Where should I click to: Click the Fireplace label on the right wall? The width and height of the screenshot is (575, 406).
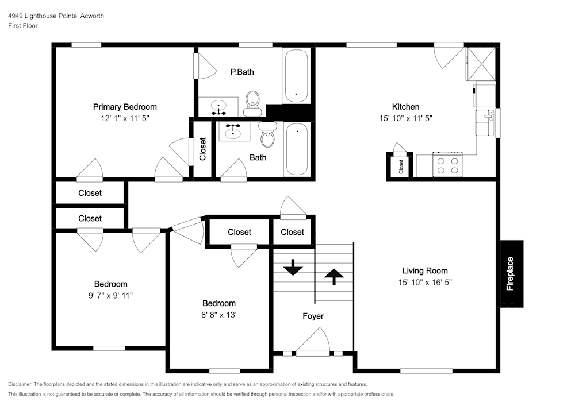coord(509,274)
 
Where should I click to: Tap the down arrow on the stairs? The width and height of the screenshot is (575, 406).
coord(293,267)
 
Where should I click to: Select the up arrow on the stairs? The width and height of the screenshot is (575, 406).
coord(334,277)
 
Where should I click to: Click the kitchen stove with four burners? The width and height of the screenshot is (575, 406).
coord(447,164)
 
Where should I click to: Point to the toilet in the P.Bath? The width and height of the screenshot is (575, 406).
coord(252,103)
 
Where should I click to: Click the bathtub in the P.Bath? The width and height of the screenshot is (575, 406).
coord(296,76)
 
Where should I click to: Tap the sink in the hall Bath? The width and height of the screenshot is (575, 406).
coord(233,131)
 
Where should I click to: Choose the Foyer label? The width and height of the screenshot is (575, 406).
coord(313,316)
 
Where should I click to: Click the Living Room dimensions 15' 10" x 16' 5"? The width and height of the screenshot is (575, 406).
coord(425,283)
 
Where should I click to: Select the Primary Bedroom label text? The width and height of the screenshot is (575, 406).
coord(125,107)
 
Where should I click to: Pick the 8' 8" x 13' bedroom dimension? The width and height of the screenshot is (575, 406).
coord(219,315)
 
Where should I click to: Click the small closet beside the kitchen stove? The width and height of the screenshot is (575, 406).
coord(400,166)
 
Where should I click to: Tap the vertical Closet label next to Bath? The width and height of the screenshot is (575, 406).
coord(203,149)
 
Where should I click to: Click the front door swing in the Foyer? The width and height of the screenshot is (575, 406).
coord(313,341)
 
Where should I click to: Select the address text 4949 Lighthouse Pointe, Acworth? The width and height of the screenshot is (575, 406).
coord(56,16)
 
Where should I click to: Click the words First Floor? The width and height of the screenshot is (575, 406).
coord(23,26)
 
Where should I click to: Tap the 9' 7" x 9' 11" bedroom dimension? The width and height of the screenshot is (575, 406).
coord(110,295)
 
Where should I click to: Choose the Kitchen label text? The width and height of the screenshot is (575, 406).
coord(405,107)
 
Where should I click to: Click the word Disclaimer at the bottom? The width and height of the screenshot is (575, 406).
coord(20,384)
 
